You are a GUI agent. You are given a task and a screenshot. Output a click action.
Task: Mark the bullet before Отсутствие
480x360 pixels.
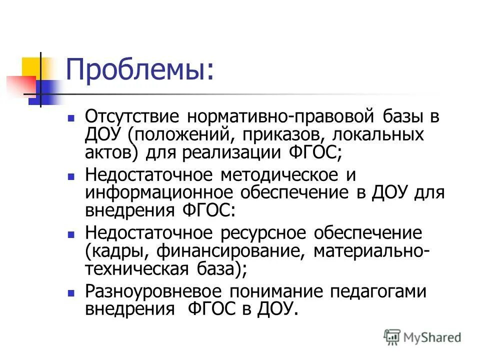(71, 119)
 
